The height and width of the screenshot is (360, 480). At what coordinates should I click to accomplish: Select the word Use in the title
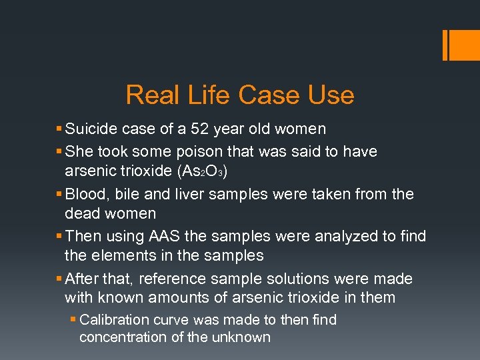(x=331, y=95)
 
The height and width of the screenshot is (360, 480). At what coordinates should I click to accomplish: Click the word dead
(x=81, y=213)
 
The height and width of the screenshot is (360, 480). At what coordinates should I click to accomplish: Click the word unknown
(x=241, y=337)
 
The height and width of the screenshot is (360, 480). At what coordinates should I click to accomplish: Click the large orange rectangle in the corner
(x=460, y=45)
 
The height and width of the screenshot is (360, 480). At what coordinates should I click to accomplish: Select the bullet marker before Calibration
(x=73, y=320)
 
